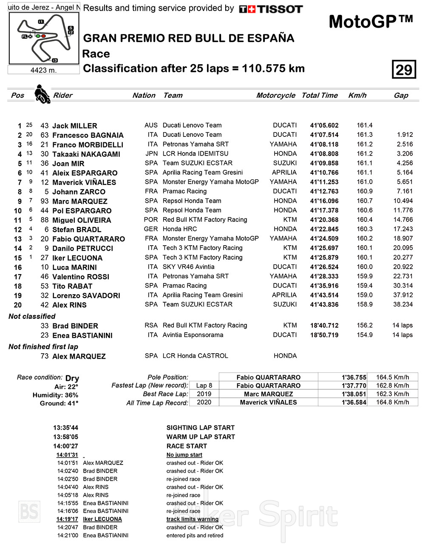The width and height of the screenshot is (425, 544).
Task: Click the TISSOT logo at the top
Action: coord(271,9)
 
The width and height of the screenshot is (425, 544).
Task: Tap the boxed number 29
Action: coord(403,69)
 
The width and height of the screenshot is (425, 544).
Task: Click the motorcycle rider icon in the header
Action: coord(42,94)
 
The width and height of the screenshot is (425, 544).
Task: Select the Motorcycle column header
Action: coord(275,95)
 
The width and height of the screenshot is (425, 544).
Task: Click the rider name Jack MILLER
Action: coord(74,126)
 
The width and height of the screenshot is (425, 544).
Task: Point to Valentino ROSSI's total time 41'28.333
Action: coord(324,276)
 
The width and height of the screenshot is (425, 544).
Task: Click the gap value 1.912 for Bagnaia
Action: coord(405,135)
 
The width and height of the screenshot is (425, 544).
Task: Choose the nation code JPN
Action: coord(151,154)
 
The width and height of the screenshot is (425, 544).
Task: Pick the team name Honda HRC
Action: coord(180,229)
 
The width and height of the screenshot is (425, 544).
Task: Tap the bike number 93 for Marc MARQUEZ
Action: coord(45,201)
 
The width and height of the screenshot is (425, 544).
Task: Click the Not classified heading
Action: coord(32,316)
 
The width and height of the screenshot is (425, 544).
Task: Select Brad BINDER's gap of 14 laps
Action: coord(402,326)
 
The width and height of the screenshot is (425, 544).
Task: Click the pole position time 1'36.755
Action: coord(354,377)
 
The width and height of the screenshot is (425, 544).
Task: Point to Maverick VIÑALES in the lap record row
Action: coord(268,402)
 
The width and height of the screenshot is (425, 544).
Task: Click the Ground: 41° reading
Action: coord(59,403)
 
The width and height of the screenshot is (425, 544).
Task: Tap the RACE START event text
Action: coord(187,446)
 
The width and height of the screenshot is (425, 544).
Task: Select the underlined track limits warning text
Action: coord(192,519)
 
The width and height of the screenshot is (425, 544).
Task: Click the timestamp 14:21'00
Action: coord(68,535)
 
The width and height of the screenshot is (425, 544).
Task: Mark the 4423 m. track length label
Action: coord(43,70)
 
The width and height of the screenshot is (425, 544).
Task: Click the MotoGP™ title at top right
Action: coord(371,22)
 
